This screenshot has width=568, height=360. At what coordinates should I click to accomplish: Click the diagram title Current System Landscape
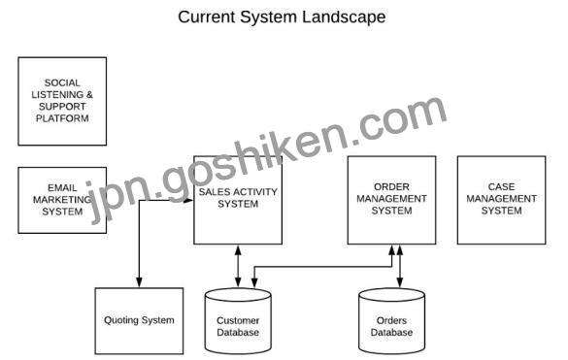(282, 17)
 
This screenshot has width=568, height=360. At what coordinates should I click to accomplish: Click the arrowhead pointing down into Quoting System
(139, 282)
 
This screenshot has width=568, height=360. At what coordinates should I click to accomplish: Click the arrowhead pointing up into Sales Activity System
(238, 250)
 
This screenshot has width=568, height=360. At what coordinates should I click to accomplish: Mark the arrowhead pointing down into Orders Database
(400, 282)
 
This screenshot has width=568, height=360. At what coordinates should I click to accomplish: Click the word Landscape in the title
(344, 17)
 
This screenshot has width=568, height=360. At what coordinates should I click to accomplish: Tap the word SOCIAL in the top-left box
(62, 82)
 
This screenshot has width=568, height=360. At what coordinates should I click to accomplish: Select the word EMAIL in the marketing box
(62, 187)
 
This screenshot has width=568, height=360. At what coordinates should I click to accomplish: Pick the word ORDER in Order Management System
(391, 186)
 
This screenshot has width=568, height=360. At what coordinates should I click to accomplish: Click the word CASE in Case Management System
(501, 186)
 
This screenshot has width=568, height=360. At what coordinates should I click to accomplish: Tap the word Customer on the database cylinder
(238, 320)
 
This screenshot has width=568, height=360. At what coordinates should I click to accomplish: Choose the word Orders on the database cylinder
(391, 320)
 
